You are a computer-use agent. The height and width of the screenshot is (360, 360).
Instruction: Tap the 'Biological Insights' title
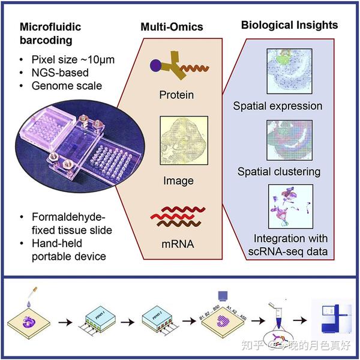[289, 25]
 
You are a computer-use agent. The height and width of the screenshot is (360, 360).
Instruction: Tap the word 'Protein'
[177, 95]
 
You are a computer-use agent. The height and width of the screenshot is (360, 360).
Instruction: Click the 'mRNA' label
[177, 244]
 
